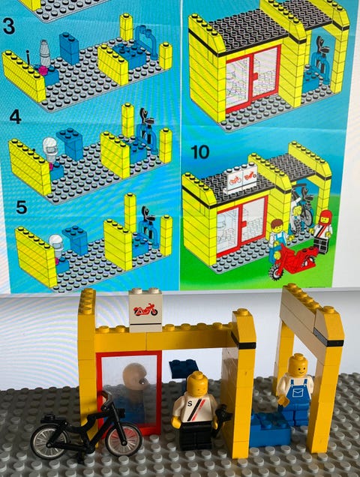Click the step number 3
point(9,26)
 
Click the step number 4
point(15,117)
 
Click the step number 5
point(21,207)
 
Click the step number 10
point(200,152)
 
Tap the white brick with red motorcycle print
point(145,310)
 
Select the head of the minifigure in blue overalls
point(298,366)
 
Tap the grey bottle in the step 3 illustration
point(45,53)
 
